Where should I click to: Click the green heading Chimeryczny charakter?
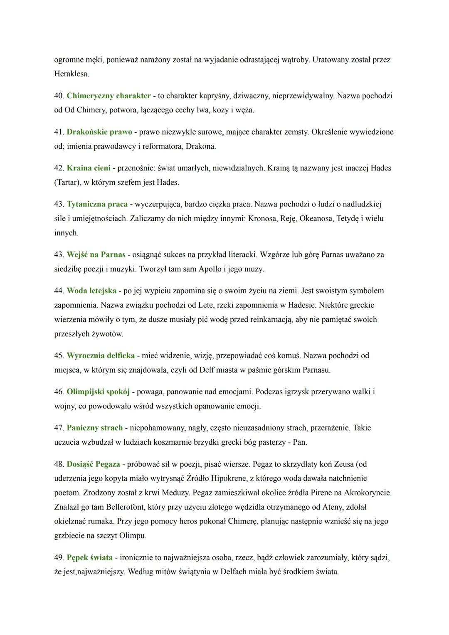click(x=109, y=96)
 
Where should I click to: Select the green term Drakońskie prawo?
click(x=99, y=132)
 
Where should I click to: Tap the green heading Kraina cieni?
click(x=89, y=168)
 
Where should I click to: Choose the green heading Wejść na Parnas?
click(x=96, y=254)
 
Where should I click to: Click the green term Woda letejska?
click(x=91, y=291)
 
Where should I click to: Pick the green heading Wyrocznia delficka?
click(x=101, y=356)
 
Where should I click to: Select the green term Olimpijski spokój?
click(x=98, y=392)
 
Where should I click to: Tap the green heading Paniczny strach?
click(x=95, y=428)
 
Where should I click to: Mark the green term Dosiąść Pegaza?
click(x=93, y=464)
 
